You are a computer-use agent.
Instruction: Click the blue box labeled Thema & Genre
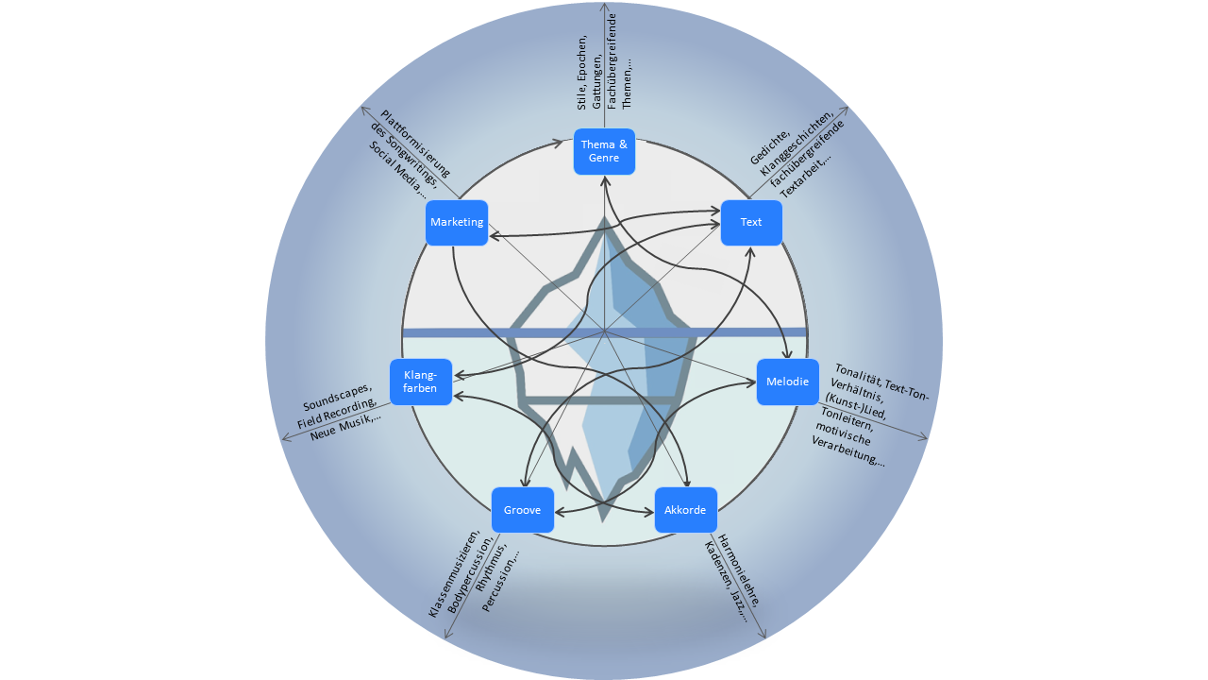[x=604, y=151]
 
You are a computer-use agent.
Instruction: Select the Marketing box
[x=457, y=223]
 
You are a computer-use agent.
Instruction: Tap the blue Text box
[x=751, y=223]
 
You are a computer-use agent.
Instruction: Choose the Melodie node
[x=787, y=382]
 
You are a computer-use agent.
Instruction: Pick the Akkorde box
[x=685, y=510]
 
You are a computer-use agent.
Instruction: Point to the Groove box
[x=522, y=510]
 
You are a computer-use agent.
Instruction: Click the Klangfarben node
[x=420, y=382]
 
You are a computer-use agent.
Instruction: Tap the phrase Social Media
[x=396, y=170]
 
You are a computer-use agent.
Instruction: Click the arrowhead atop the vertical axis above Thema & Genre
[x=604, y=7]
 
